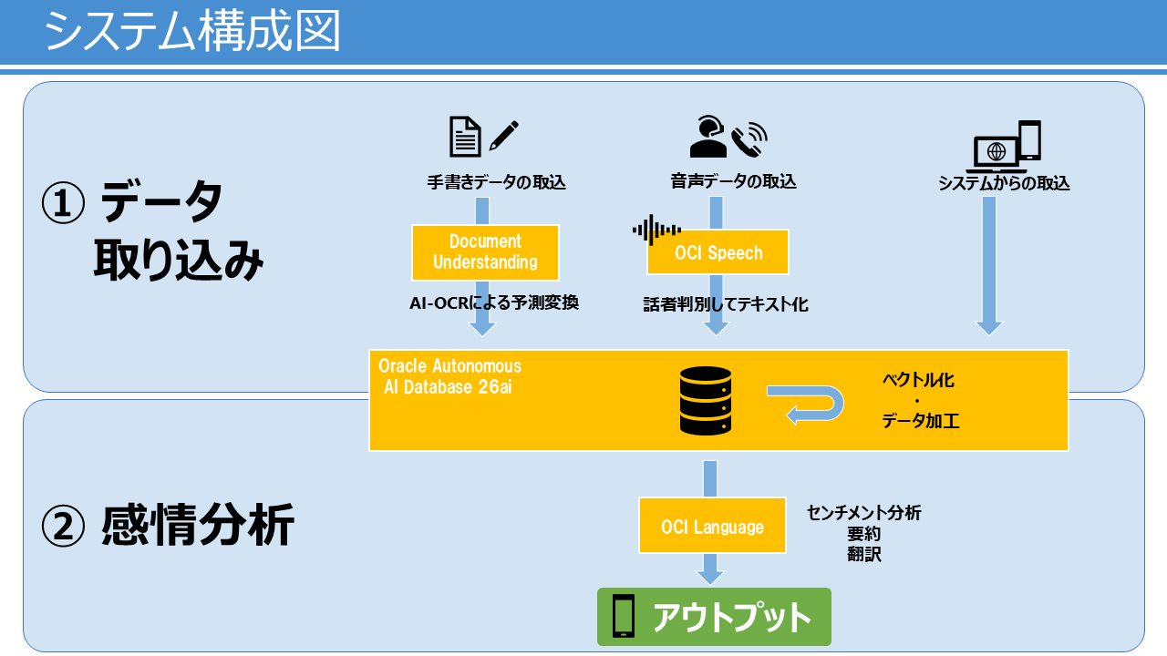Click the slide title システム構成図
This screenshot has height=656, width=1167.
point(192,31)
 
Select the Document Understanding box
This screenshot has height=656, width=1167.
point(485,252)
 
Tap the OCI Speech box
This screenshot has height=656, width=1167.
point(718,252)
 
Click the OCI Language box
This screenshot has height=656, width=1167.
point(712,526)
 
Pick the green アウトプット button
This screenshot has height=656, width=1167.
point(714,617)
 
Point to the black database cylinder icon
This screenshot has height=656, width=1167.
point(706,400)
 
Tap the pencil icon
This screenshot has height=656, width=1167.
point(504,136)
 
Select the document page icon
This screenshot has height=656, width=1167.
point(465,137)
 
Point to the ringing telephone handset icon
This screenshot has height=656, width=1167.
point(749,139)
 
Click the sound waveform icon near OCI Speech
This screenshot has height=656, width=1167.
point(656,230)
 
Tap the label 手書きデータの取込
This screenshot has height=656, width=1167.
point(496,182)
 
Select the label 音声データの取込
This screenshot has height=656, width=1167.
point(733,181)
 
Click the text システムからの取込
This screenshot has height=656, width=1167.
point(1004,183)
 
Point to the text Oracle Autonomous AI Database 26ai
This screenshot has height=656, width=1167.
point(450,376)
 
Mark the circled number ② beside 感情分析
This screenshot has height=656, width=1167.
point(63,527)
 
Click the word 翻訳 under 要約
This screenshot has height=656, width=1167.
point(863,555)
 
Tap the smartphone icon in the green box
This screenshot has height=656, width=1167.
point(623,616)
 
